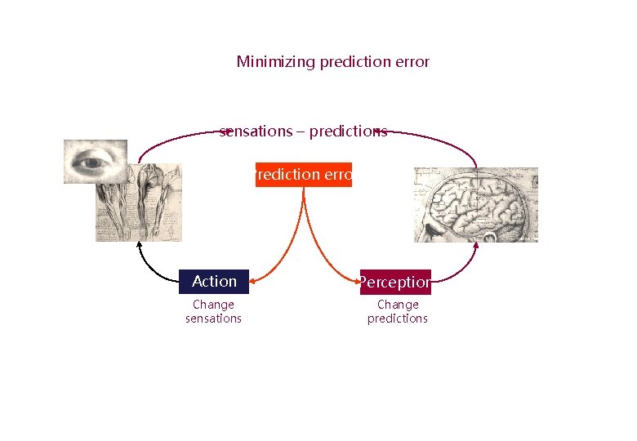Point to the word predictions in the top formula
(348, 131)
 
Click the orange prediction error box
(304, 175)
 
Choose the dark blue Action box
(214, 282)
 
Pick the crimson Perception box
(395, 282)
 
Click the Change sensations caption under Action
(213, 312)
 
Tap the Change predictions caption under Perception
(398, 312)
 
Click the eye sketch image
(96, 161)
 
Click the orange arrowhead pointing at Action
(252, 282)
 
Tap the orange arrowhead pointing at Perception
(357, 282)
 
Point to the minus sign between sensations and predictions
(301, 132)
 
